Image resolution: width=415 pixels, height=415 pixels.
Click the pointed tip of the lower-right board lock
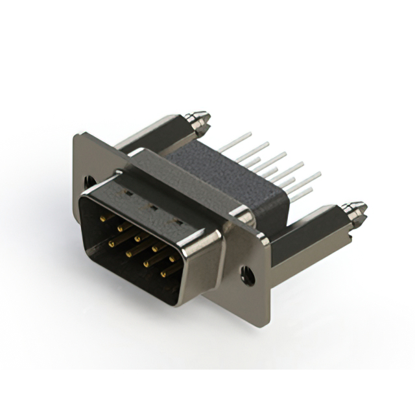(x=363, y=208)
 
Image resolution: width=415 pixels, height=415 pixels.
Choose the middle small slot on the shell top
(x=153, y=207)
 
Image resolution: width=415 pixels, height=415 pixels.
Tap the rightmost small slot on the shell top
(x=176, y=221)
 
